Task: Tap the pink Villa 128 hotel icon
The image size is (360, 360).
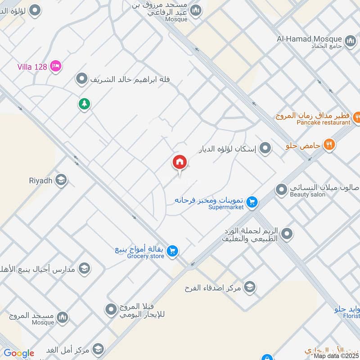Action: pyautogui.click(x=56, y=66)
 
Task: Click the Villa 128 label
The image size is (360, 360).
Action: pyautogui.click(x=32, y=67)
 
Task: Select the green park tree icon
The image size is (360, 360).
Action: pyautogui.click(x=84, y=104)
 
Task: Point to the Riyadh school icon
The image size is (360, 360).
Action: pyautogui.click(x=62, y=180)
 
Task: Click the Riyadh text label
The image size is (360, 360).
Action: pyautogui.click(x=41, y=181)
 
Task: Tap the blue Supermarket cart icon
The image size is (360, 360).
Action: pyautogui.click(x=252, y=202)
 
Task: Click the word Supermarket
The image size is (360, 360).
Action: pyautogui.click(x=226, y=207)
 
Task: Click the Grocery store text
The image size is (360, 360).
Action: pyautogui.click(x=146, y=256)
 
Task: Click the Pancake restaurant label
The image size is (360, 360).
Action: pyautogui.click(x=324, y=122)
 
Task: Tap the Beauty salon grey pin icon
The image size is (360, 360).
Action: pyautogui.click(x=281, y=190)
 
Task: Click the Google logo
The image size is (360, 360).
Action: pyautogui.click(x=18, y=353)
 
